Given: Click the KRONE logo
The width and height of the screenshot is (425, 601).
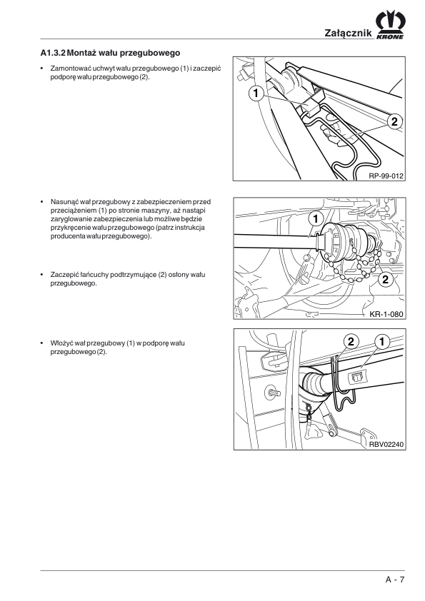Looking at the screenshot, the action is click(x=390, y=26).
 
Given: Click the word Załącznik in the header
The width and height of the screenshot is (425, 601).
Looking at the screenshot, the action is click(x=349, y=33).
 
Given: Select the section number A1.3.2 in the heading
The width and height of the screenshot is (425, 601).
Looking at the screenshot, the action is click(x=53, y=53).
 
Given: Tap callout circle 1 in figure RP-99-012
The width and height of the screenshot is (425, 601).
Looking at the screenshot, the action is click(x=256, y=94).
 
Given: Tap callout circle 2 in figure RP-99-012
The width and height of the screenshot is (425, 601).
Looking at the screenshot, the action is click(x=394, y=121).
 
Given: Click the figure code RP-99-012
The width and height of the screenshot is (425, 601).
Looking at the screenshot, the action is click(x=386, y=176).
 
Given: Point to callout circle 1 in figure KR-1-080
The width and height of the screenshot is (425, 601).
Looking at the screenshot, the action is click(x=316, y=219).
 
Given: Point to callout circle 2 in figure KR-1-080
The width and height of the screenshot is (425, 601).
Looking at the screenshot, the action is click(x=386, y=279).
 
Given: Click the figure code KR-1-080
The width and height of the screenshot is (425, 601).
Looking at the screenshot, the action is click(x=386, y=314).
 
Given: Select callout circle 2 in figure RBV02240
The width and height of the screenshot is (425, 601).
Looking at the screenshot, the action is click(x=351, y=341).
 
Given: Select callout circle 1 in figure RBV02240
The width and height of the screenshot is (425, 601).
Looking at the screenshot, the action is click(x=381, y=341).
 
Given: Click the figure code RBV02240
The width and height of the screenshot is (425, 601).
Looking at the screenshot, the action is click(x=386, y=445).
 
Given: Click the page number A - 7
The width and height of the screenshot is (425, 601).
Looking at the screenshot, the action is click(x=395, y=579).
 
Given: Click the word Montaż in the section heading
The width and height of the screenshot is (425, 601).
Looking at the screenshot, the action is click(x=81, y=53).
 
